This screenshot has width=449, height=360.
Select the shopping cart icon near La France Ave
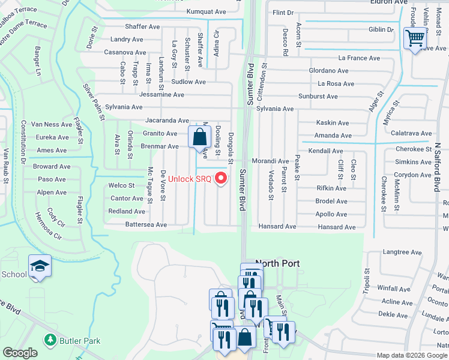tap(415, 38)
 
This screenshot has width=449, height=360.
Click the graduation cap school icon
tap(40, 266)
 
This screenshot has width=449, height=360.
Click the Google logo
tap(20, 353)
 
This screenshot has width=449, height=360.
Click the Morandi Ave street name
tap(270, 161)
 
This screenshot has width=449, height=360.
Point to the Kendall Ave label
tap(325, 151)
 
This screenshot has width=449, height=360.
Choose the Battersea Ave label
tap(128, 224)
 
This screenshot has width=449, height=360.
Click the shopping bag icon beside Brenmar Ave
tap(199, 137)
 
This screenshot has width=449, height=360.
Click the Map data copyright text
tap(411, 355)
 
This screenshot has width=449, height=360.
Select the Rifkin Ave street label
tap(331, 188)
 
